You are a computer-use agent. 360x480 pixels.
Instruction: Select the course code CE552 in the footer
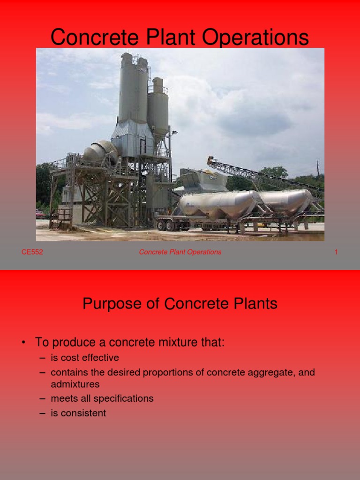pyautogui.click(x=32, y=252)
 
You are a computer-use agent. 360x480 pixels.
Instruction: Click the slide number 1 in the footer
pyautogui.click(x=336, y=252)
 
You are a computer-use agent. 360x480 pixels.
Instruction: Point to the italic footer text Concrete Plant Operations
pyautogui.click(x=180, y=252)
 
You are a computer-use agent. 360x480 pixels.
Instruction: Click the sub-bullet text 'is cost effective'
pyautogui.click(x=85, y=358)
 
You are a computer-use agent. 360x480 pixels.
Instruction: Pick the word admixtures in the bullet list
pyautogui.click(x=75, y=384)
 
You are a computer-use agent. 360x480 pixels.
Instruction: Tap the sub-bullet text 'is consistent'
pyautogui.click(x=78, y=413)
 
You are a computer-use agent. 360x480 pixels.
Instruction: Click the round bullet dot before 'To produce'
pyautogui.click(x=22, y=343)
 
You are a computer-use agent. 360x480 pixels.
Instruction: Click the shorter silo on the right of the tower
pyautogui.click(x=158, y=108)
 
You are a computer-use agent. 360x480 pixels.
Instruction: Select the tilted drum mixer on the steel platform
pyautogui.click(x=99, y=152)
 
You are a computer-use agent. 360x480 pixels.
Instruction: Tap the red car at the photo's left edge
pyautogui.click(x=40, y=214)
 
